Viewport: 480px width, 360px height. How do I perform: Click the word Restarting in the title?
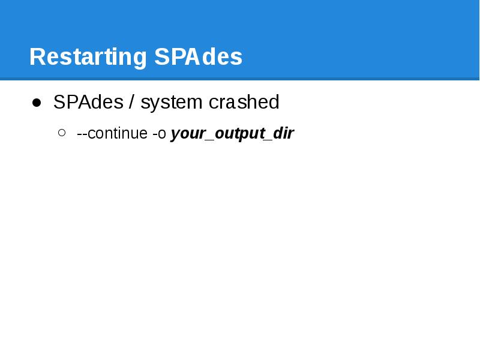[88, 57]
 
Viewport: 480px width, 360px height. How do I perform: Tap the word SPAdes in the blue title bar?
[198, 57]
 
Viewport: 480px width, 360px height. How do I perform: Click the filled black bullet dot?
[37, 103]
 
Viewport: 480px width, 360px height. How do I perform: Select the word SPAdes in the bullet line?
[88, 103]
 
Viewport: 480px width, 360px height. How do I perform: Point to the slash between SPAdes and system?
[131, 103]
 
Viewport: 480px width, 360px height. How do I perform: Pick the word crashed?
[244, 103]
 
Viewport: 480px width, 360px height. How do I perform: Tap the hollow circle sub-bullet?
[62, 133]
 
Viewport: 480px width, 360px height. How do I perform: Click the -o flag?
[159, 133]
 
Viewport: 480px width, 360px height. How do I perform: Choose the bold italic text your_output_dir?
[232, 133]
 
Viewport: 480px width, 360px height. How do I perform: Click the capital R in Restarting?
[36, 57]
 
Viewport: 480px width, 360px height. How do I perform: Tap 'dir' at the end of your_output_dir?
[283, 133]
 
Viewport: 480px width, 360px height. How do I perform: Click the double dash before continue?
[82, 134]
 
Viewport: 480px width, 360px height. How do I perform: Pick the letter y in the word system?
[154, 104]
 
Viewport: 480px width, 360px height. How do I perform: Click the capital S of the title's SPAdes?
[161, 57]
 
